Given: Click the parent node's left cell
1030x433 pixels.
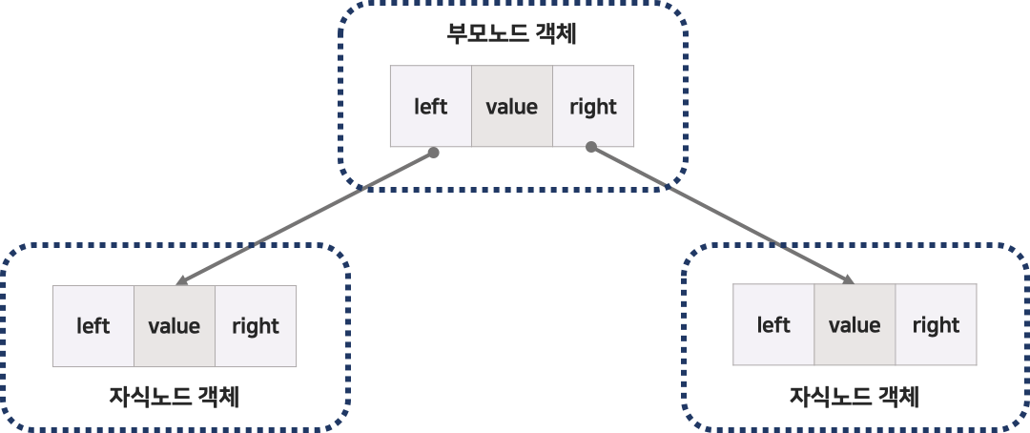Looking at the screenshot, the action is (430, 107).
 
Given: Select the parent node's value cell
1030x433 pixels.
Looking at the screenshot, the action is (512, 107).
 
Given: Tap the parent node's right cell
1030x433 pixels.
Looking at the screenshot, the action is (593, 107).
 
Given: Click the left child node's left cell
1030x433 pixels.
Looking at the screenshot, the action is (93, 326).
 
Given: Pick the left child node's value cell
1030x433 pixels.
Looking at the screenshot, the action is (175, 326).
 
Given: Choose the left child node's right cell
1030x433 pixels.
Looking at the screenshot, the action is (256, 326).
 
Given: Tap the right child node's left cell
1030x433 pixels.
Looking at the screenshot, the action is (773, 325).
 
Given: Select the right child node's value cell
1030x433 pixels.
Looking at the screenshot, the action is (855, 325).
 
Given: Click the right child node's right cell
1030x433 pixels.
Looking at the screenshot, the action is (936, 325).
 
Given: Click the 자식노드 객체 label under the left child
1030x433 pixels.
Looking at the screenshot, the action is (174, 396).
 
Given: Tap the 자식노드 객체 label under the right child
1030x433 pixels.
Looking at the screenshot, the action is (854, 396).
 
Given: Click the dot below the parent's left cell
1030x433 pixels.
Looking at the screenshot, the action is (433, 152).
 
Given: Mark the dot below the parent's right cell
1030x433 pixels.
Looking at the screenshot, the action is (591, 147).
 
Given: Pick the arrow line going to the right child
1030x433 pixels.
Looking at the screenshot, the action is (720, 214).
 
